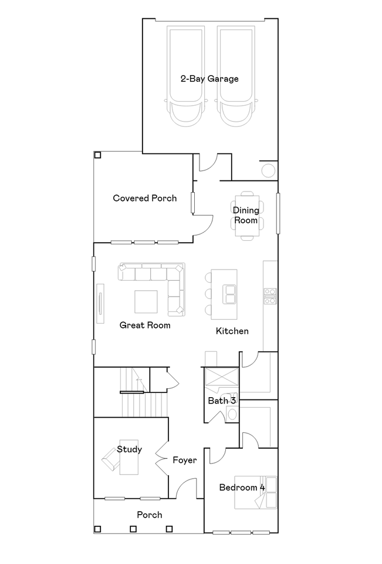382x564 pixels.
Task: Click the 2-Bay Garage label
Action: click(209, 79)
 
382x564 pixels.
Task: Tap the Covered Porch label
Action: click(145, 198)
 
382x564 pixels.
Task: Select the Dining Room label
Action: click(246, 215)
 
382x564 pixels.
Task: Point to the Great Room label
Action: click(145, 325)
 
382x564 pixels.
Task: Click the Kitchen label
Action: click(232, 331)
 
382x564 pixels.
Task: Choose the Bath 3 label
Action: click(222, 400)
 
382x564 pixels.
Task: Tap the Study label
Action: click(129, 449)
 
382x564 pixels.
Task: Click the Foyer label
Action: click(185, 460)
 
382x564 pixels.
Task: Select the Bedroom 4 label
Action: click(242, 488)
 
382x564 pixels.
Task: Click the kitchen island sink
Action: click(229, 294)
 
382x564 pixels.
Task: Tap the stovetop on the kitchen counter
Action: click(270, 296)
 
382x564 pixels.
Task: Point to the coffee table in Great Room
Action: click(146, 302)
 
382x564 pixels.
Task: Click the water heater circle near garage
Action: click(268, 170)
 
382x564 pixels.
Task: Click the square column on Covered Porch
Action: click(97, 155)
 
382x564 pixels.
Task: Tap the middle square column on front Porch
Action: click(133, 529)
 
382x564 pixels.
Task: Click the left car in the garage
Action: click(185, 76)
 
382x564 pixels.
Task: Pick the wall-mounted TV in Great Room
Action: click(100, 304)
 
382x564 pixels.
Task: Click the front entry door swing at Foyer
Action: click(187, 488)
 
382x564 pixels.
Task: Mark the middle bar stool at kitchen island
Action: click(208, 294)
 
